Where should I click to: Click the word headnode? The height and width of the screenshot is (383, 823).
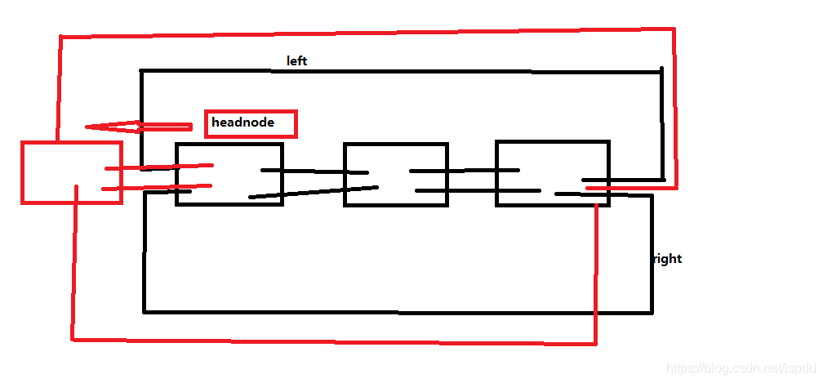coord(242,123)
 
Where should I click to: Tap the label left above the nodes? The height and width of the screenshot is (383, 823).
coord(296,61)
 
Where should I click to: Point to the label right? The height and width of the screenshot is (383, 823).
coord(667,259)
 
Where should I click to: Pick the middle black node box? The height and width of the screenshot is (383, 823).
coord(396,159)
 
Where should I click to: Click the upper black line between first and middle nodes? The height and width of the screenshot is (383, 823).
coord(314,171)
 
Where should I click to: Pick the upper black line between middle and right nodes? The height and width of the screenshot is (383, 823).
coord(465,171)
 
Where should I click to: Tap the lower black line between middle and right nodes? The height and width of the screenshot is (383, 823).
coord(478,191)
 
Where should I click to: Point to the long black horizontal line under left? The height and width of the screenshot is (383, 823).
coord(400,71)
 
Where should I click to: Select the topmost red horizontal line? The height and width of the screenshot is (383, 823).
coord(367,33)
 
